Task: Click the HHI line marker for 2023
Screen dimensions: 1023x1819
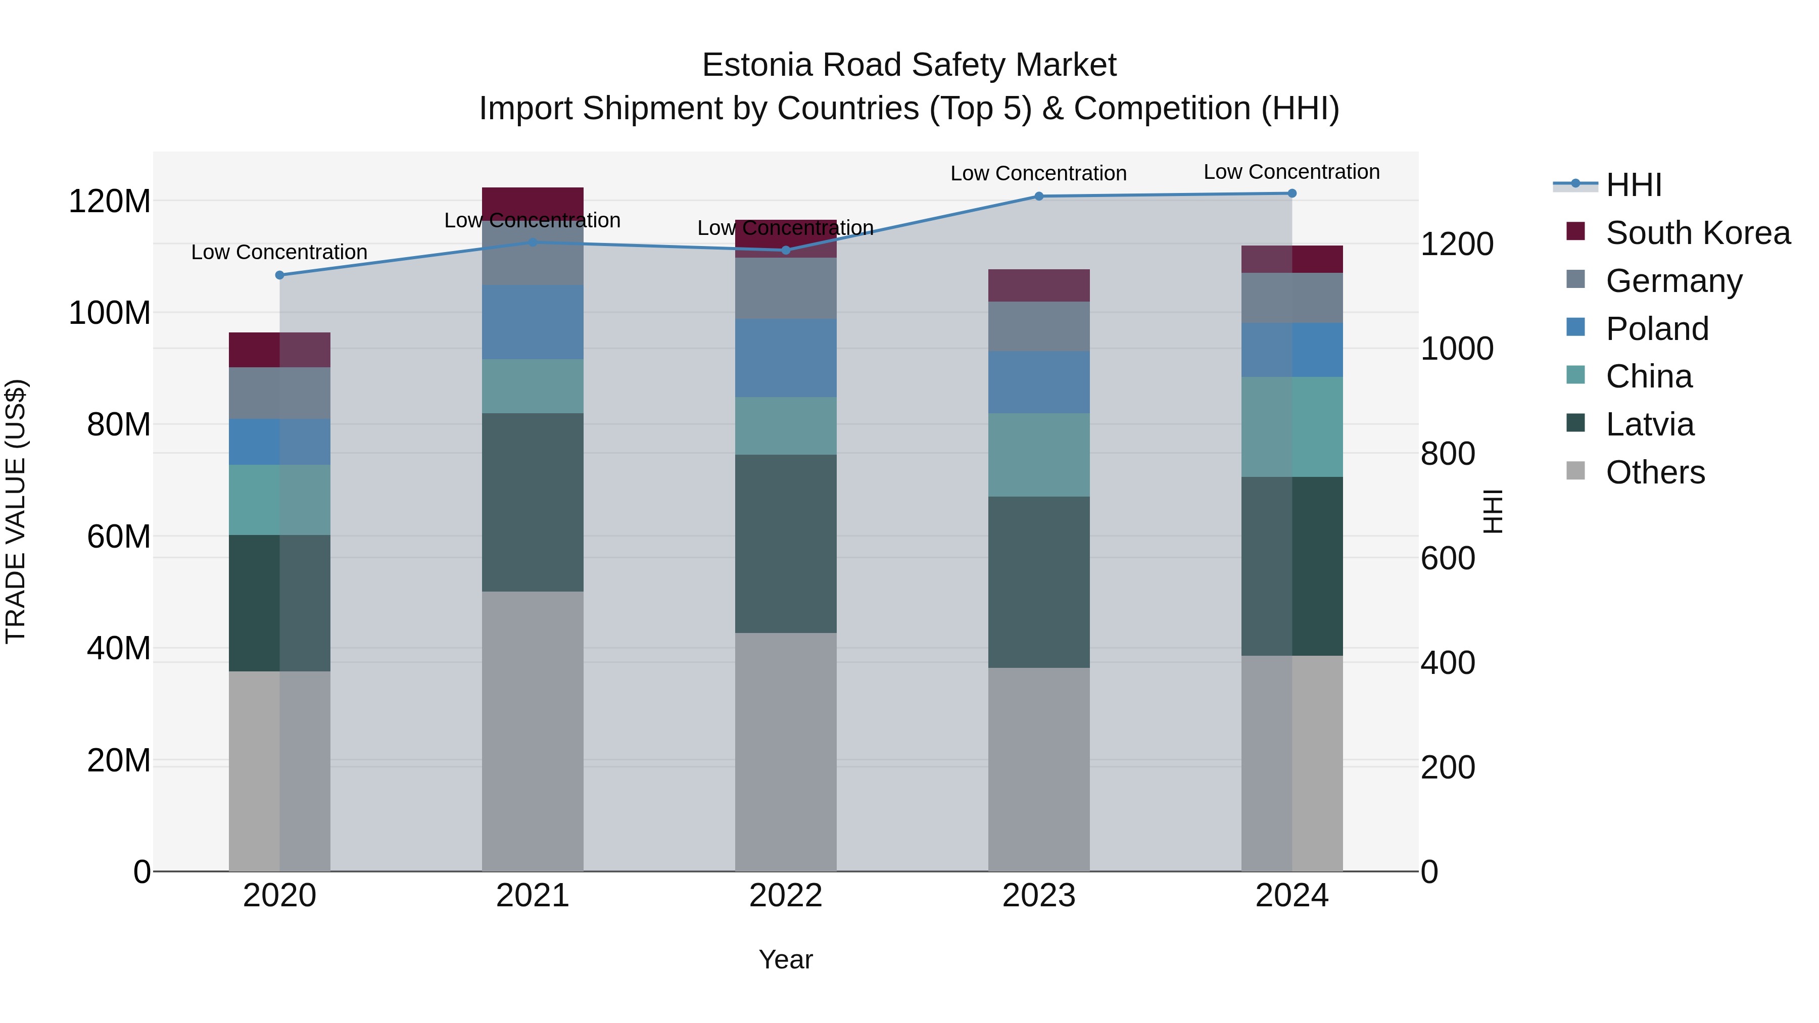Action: pos(1039,197)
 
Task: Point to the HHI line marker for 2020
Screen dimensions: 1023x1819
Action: pos(279,275)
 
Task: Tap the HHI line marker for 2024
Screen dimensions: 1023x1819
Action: pos(1291,193)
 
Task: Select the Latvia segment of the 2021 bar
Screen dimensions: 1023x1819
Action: pos(533,502)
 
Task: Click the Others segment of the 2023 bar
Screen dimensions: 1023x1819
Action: pos(1039,769)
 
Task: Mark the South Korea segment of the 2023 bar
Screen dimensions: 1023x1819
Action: pos(1039,285)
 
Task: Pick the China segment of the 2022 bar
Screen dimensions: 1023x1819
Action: pos(786,426)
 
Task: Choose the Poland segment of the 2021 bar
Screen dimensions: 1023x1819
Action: pos(533,322)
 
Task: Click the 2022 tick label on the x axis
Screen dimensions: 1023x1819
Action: pos(786,896)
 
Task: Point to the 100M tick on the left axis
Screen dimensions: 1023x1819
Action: pos(110,313)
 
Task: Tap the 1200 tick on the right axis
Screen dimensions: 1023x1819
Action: pos(1456,245)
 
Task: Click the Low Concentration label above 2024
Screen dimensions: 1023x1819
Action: pos(1291,172)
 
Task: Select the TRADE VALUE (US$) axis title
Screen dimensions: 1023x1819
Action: pos(16,511)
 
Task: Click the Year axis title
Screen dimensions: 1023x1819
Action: pos(785,959)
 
